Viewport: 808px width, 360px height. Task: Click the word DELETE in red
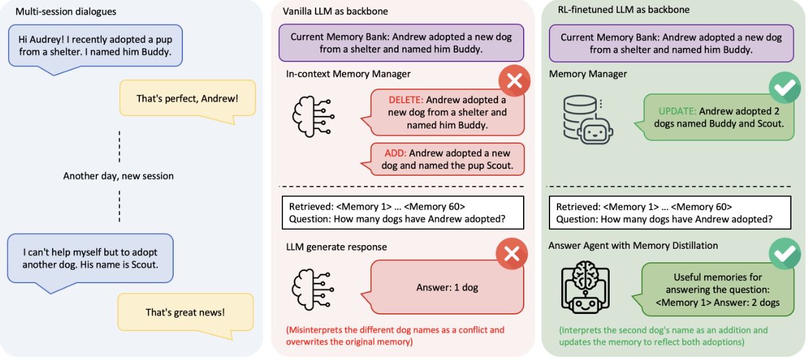pyautogui.click(x=406, y=100)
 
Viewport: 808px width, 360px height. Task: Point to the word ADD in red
pyautogui.click(x=397, y=153)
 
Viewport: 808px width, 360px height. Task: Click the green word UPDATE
pyautogui.click(x=677, y=111)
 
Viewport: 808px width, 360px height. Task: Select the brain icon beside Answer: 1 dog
pyautogui.click(x=313, y=288)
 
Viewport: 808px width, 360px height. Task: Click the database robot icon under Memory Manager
pyautogui.click(x=588, y=119)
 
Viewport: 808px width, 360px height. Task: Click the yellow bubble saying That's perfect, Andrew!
pyautogui.click(x=187, y=98)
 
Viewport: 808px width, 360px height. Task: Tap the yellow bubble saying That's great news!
pyautogui.click(x=185, y=312)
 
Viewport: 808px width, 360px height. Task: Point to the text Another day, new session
pyautogui.click(x=118, y=176)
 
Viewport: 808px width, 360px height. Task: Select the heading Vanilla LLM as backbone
pyautogui.click(x=335, y=12)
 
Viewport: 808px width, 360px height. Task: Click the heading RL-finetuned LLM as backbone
pyautogui.click(x=615, y=10)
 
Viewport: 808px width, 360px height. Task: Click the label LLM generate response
pyautogui.click(x=336, y=247)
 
